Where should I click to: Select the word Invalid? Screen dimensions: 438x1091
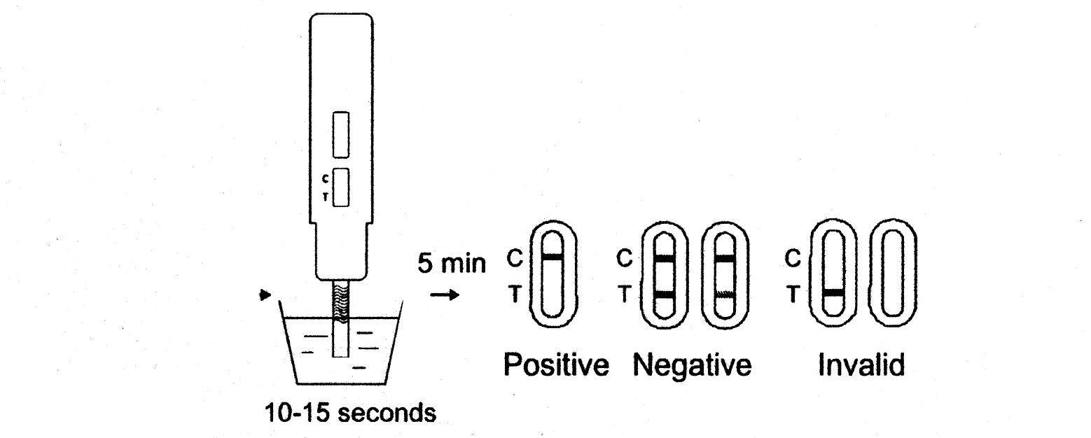(861, 367)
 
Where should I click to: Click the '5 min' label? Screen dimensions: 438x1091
(451, 264)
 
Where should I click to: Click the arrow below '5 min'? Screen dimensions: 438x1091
(445, 296)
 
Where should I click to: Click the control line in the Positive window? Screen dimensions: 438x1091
(553, 258)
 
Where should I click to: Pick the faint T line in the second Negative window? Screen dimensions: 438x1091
(725, 295)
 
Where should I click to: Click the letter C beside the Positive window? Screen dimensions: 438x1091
(514, 260)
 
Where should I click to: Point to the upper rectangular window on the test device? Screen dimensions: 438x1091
(340, 135)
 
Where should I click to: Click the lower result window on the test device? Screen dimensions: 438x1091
(340, 188)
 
